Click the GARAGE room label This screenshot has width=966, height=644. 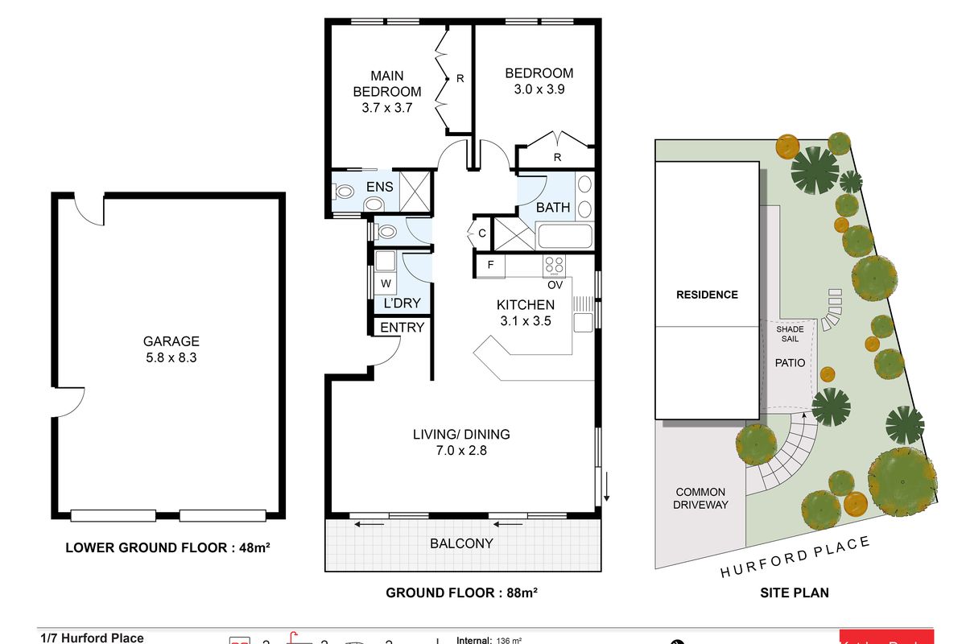[171, 341]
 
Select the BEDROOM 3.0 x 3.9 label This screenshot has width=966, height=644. [539, 81]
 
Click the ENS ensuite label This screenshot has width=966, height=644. [379, 187]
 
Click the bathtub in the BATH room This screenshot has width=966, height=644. [563, 237]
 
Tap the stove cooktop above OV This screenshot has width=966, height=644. [554, 264]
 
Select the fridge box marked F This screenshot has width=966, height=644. [489, 265]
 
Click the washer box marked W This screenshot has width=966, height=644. [386, 283]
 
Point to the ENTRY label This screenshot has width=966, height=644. [402, 328]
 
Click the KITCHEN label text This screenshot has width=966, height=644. [525, 305]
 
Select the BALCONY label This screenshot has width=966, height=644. [461, 543]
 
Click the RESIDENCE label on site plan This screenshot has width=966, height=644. [707, 295]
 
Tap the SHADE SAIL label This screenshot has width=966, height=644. [789, 334]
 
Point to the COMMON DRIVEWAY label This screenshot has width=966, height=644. [700, 497]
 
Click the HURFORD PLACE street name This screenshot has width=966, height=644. [795, 557]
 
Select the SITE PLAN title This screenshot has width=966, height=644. [795, 593]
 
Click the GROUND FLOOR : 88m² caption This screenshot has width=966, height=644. [461, 593]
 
